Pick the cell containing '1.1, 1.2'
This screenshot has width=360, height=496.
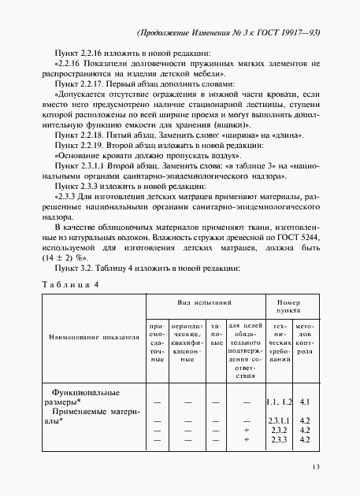[x=280, y=402]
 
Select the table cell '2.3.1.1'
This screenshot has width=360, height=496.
[x=280, y=421]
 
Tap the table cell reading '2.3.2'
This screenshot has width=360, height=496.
[x=280, y=431]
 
